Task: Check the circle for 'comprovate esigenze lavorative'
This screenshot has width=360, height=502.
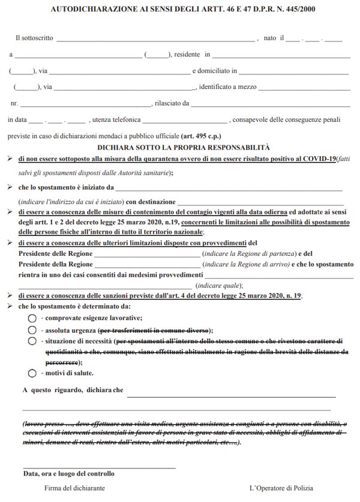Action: click(x=32, y=318)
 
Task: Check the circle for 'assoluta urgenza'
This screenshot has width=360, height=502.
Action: click(x=32, y=330)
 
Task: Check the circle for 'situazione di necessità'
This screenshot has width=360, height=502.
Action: click(x=32, y=341)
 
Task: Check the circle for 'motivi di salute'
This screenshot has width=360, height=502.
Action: click(x=32, y=372)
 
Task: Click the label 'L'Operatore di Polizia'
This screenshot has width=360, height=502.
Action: click(x=281, y=489)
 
